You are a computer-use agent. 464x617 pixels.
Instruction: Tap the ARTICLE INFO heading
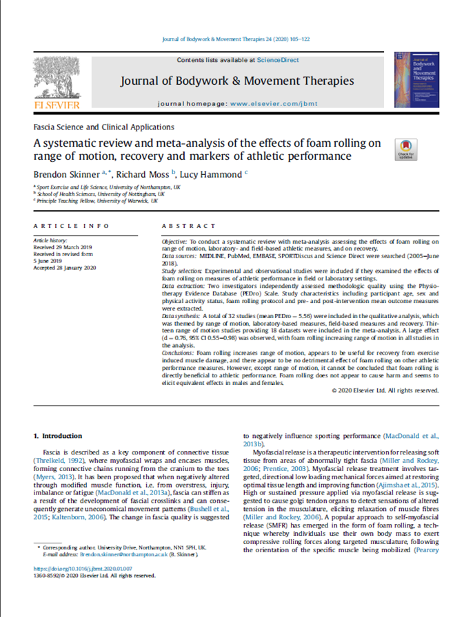[71, 226]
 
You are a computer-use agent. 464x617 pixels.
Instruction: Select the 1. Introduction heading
[58, 436]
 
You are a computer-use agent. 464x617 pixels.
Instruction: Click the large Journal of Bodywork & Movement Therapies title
[237, 81]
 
